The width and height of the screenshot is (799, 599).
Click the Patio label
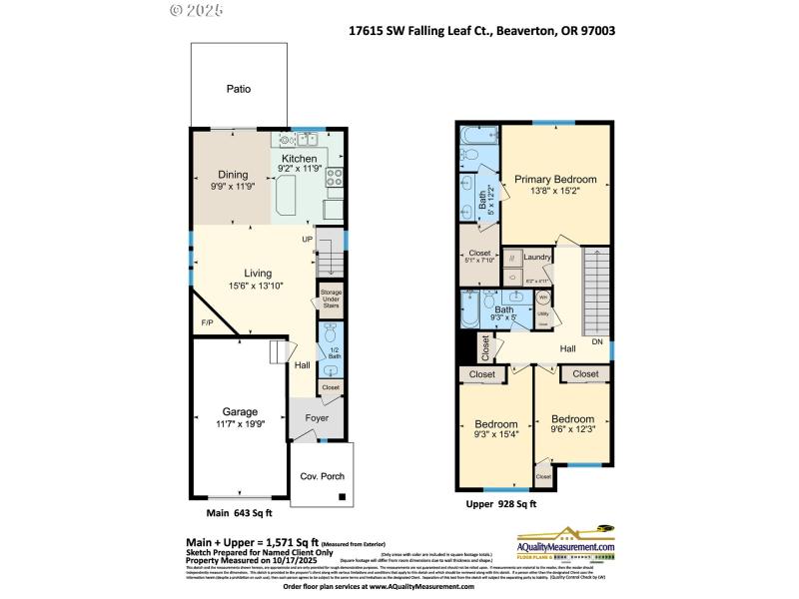238,89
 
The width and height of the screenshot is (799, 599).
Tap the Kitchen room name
299,159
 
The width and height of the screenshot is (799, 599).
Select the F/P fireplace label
207,323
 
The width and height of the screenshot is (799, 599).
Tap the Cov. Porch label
322,477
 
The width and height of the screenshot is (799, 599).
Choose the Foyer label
317,419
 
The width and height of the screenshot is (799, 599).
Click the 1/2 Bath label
334,351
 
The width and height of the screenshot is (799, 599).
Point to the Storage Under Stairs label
330,298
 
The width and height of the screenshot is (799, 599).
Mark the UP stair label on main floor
308,240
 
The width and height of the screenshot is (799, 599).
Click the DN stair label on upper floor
597,341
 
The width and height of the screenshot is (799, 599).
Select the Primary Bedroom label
555,180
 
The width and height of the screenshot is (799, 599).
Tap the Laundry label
537,258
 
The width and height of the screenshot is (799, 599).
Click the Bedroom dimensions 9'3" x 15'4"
495,432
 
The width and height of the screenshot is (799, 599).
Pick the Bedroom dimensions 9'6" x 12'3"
572,430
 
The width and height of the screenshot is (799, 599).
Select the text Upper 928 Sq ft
501,505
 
